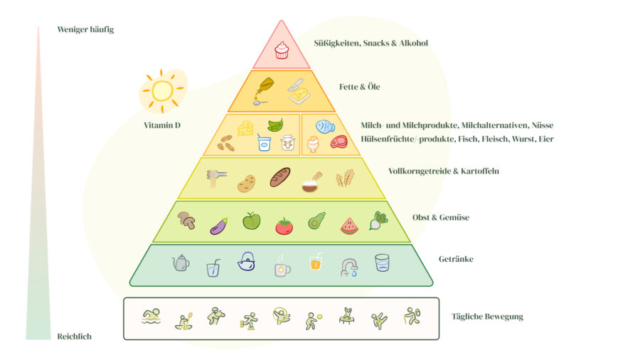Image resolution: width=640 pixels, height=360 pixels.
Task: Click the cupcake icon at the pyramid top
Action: pos(282,51)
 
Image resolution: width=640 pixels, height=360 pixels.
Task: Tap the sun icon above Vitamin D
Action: pos(162,90)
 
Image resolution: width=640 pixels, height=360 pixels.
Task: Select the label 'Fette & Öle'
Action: pos(360,87)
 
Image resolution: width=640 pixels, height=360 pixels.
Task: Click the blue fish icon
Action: pos(325,127)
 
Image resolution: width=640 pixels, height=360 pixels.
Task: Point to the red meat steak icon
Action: pos(338,142)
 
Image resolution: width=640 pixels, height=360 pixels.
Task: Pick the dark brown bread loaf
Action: pos(280,177)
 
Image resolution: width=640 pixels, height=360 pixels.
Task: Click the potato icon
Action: pos(247,184)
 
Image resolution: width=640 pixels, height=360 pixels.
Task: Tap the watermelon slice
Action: pos(349,226)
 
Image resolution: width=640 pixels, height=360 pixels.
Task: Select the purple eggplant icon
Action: pos(219,226)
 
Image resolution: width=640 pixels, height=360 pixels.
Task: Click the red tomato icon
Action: pos(284,226)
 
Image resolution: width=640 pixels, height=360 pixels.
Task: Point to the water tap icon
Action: pos(349,268)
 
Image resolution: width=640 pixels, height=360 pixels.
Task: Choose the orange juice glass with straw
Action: pos(316,261)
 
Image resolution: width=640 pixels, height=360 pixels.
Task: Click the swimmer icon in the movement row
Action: pos(151,317)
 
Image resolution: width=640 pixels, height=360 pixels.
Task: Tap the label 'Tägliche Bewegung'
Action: pos(487,317)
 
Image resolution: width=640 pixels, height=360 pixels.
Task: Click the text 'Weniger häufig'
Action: pos(85,29)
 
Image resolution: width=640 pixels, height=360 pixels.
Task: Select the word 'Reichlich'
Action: pos(74,337)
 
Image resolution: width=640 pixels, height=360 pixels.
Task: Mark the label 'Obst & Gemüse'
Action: pos(441,217)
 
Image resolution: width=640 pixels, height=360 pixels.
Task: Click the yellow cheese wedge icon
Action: pos(245,128)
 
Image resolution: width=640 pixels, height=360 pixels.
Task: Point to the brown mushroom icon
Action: pos(186,220)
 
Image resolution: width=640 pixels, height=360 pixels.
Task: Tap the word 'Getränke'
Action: pos(456,259)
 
